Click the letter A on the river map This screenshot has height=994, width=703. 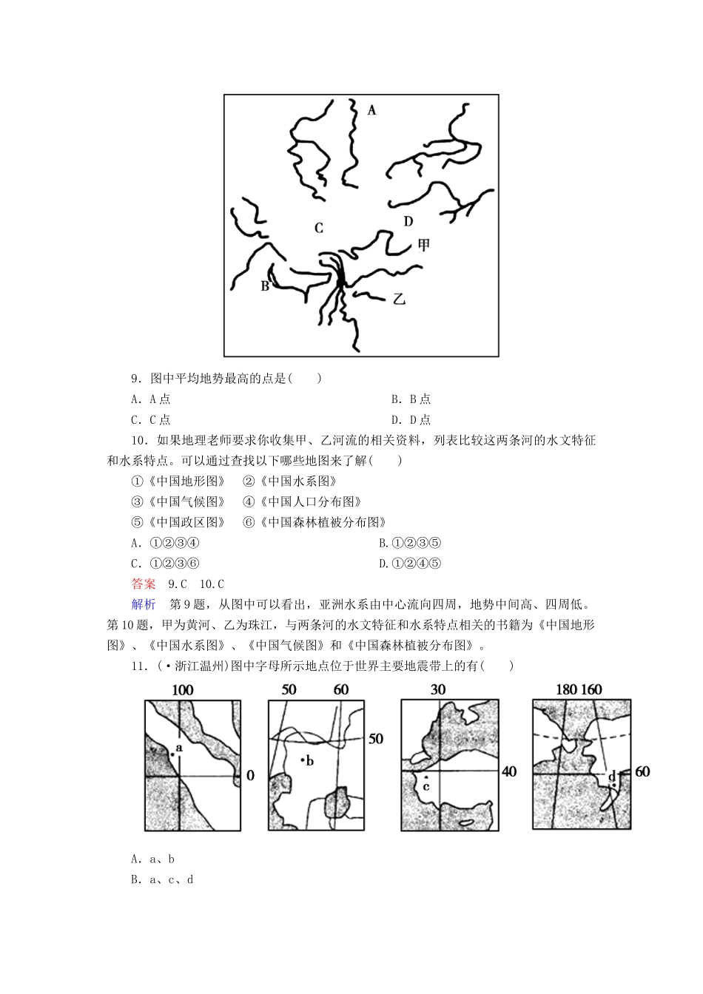click(x=371, y=110)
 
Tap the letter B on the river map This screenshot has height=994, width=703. click(x=265, y=285)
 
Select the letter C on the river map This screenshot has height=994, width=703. click(x=319, y=228)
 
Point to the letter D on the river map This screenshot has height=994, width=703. click(x=408, y=221)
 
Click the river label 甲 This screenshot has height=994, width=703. click(x=423, y=245)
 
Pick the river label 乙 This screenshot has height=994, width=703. click(x=400, y=300)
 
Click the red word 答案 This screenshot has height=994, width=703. click(x=144, y=584)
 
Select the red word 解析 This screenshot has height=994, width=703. click(x=144, y=604)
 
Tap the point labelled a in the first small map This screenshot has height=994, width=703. click(x=172, y=754)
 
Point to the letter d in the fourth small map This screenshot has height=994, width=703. click(x=612, y=777)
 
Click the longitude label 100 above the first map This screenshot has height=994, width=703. click(x=182, y=690)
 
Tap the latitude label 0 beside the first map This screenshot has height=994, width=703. click(x=250, y=775)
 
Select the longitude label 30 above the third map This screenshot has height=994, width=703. click(x=438, y=690)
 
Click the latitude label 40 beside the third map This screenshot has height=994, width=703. click(x=509, y=771)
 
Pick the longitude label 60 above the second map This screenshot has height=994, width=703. click(x=341, y=690)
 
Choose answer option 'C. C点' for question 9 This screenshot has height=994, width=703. click(x=151, y=420)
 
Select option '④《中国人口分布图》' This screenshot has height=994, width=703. click(x=302, y=501)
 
